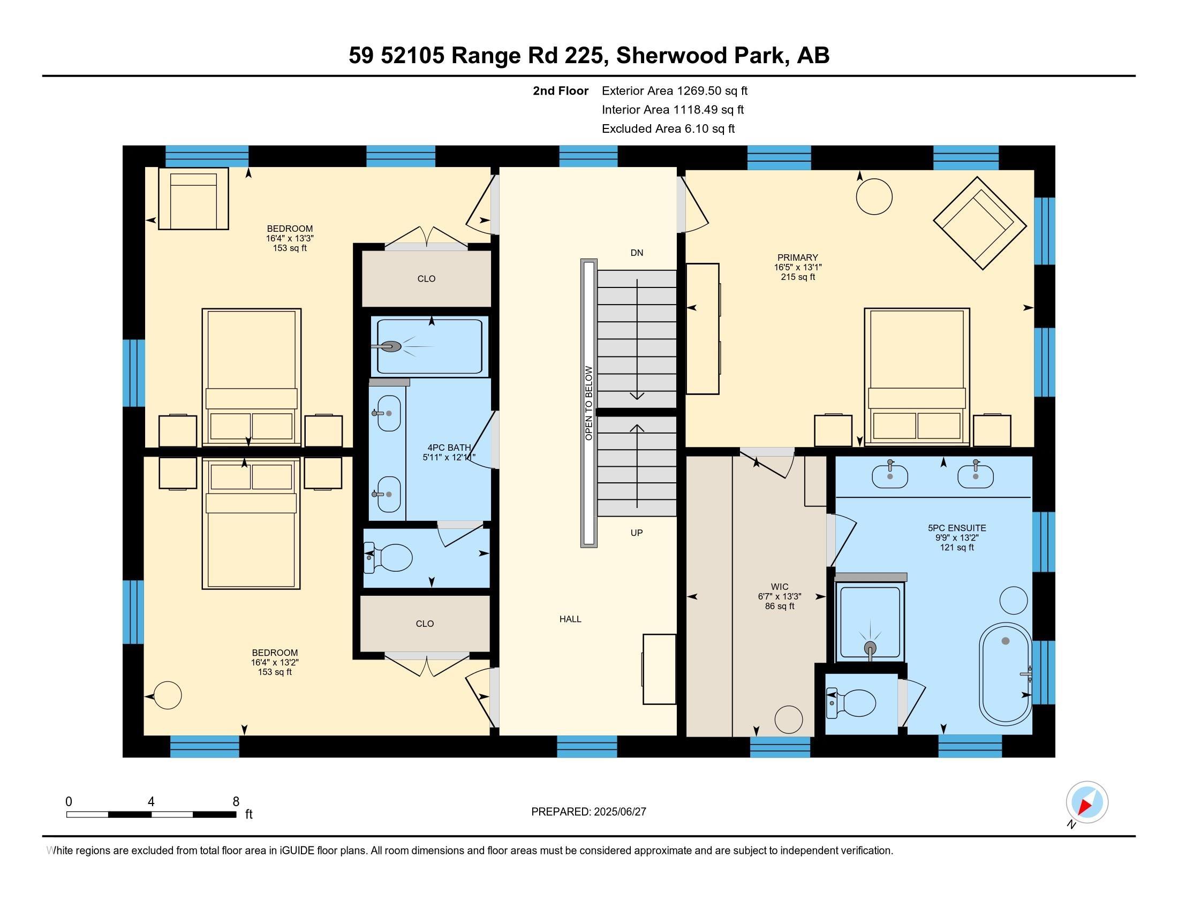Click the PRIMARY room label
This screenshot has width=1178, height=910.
point(797,257)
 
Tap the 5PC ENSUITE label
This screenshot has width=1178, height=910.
point(956,528)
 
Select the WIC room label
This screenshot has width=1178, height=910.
point(780,587)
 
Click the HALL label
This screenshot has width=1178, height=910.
point(570,619)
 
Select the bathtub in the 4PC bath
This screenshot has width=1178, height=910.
point(430,347)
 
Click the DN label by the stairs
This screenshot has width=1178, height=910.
point(637,253)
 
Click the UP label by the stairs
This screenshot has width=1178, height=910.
point(637,533)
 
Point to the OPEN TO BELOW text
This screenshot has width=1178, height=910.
point(588,403)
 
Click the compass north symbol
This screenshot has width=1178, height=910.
point(1087,802)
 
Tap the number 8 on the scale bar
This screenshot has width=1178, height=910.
point(236,802)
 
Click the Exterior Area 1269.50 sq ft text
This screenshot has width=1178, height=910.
point(674,91)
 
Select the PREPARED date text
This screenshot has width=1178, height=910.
point(588,812)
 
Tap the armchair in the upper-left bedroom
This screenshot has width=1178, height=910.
point(193,199)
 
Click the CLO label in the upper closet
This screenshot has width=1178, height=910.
point(426,279)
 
